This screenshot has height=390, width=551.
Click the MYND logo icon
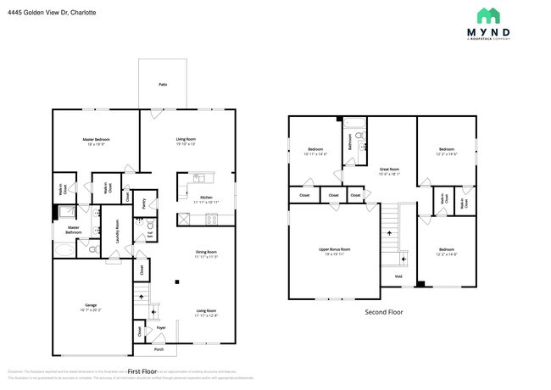tap(489, 15)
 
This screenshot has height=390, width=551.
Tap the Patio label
tap(162, 85)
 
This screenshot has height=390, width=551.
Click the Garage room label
tap(90, 306)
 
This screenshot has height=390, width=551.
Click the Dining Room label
tap(206, 253)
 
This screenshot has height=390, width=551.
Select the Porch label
tap(159, 349)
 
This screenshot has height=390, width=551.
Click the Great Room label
tap(389, 170)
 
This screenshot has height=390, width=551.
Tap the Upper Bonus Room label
tap(334, 250)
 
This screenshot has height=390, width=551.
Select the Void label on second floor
tap(398, 276)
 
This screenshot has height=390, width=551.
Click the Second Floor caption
tap(383, 312)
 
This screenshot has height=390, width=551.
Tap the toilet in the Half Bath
tap(150, 227)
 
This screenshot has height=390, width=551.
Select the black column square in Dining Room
tap(176, 281)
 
